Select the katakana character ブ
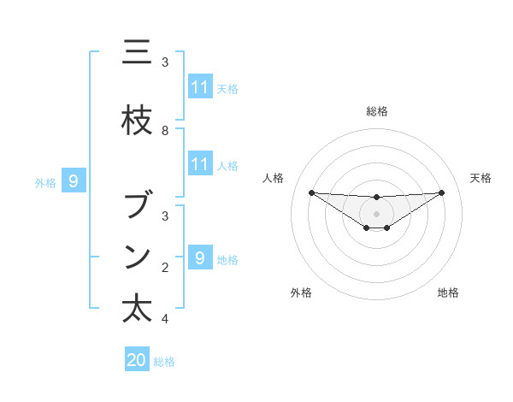(138, 206)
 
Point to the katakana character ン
(138, 257)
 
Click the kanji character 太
(138, 309)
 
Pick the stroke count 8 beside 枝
(165, 131)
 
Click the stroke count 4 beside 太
(165, 319)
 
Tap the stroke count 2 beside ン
(165, 268)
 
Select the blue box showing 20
(137, 360)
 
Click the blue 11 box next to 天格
(200, 87)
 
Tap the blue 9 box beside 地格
(200, 257)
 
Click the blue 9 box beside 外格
(74, 181)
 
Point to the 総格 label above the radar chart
(376, 111)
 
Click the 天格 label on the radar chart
(481, 178)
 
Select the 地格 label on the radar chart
(448, 293)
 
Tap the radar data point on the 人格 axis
(311, 192)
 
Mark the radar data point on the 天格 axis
(441, 192)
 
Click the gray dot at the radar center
(376, 214)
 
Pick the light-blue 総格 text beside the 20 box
(164, 362)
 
